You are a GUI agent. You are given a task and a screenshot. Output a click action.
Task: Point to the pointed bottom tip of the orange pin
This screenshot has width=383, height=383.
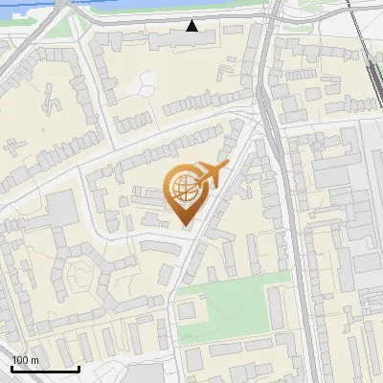point(183,226)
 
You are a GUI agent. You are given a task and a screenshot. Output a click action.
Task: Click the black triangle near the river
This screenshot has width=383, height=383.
point(192,26)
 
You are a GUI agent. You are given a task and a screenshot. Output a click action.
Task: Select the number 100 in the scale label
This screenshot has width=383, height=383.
point(20,360)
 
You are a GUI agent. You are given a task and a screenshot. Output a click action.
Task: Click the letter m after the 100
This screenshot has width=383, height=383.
point(34,360)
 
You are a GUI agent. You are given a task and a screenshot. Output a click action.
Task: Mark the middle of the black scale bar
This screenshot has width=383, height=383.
point(45,369)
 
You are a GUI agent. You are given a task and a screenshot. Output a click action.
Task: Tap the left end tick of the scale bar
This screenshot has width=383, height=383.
point(12,367)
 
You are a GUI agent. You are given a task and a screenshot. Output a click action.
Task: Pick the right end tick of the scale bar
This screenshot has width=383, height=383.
point(79,367)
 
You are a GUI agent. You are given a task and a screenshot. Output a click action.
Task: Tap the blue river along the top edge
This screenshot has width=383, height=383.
point(144,8)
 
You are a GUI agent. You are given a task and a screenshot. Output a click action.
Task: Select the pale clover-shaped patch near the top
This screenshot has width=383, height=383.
point(143,84)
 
